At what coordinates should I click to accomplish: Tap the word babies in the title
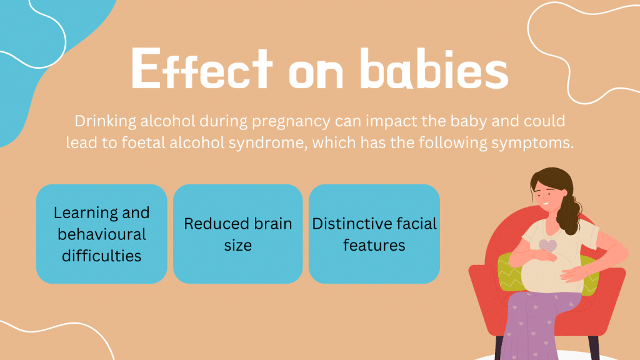(434, 68)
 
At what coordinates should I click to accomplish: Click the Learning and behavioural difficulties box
(102, 234)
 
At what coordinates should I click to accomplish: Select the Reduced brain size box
(238, 234)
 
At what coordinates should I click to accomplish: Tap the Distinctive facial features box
(374, 234)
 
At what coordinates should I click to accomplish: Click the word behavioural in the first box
(102, 234)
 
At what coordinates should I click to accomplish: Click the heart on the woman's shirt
(547, 246)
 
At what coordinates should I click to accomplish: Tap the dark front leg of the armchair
(499, 348)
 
